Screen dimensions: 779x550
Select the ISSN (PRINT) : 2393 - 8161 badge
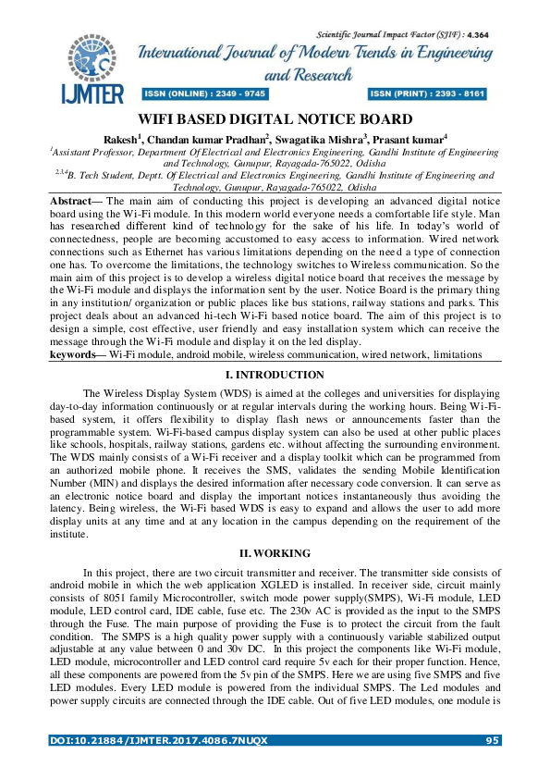[427, 93]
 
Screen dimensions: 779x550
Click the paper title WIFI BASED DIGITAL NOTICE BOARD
[275, 119]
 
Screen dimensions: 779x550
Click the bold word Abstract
[76, 200]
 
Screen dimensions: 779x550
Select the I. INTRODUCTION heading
[275, 375]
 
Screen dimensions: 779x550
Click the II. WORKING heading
[275, 552]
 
